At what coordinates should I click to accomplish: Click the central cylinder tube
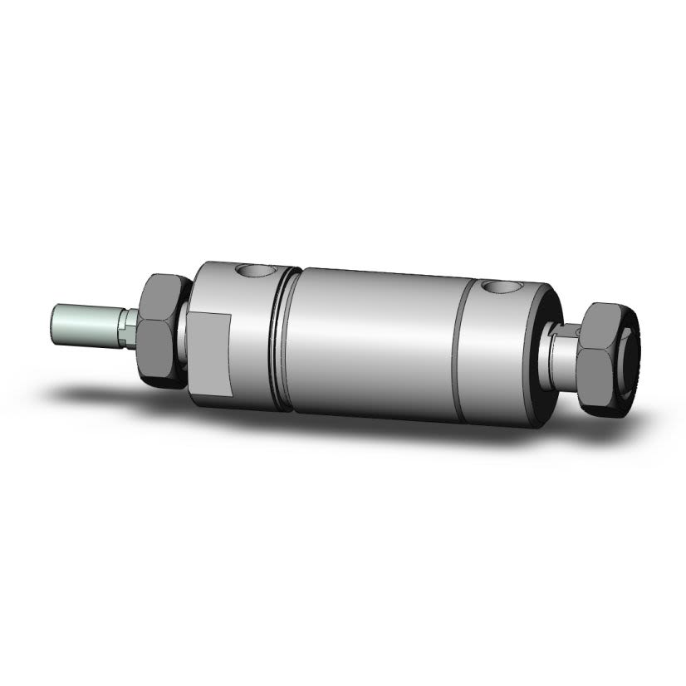[374, 341]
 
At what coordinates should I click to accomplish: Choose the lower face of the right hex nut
[598, 374]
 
